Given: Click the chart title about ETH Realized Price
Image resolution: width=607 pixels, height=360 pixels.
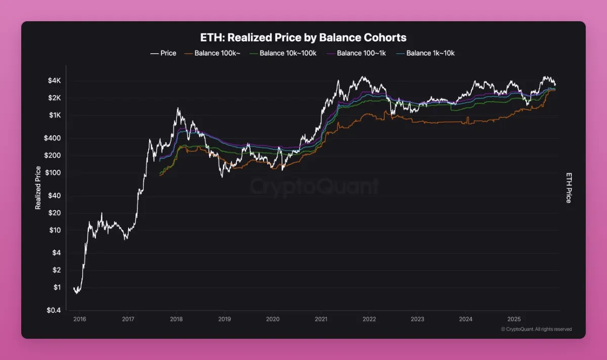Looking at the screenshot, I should click(303, 38).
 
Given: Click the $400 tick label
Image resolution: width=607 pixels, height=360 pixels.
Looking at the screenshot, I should click(52, 138).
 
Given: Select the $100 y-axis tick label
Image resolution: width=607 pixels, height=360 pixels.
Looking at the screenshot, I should click(52, 173).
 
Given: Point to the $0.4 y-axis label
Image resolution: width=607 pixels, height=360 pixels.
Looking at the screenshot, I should click(53, 310).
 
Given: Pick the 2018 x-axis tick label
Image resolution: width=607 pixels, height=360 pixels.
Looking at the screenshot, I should click(176, 319).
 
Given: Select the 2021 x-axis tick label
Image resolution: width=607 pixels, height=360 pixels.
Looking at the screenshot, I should click(321, 319).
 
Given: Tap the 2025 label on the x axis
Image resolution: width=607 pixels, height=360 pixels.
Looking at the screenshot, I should click(514, 319).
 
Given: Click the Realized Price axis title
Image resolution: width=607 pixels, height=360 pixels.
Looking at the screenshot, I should click(38, 188).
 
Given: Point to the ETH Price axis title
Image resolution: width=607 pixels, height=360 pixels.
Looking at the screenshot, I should click(568, 188).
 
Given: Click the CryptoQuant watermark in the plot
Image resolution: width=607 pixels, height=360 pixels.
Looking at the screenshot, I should click(314, 187).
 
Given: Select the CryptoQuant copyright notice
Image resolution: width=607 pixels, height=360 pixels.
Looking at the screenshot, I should click(536, 329).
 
